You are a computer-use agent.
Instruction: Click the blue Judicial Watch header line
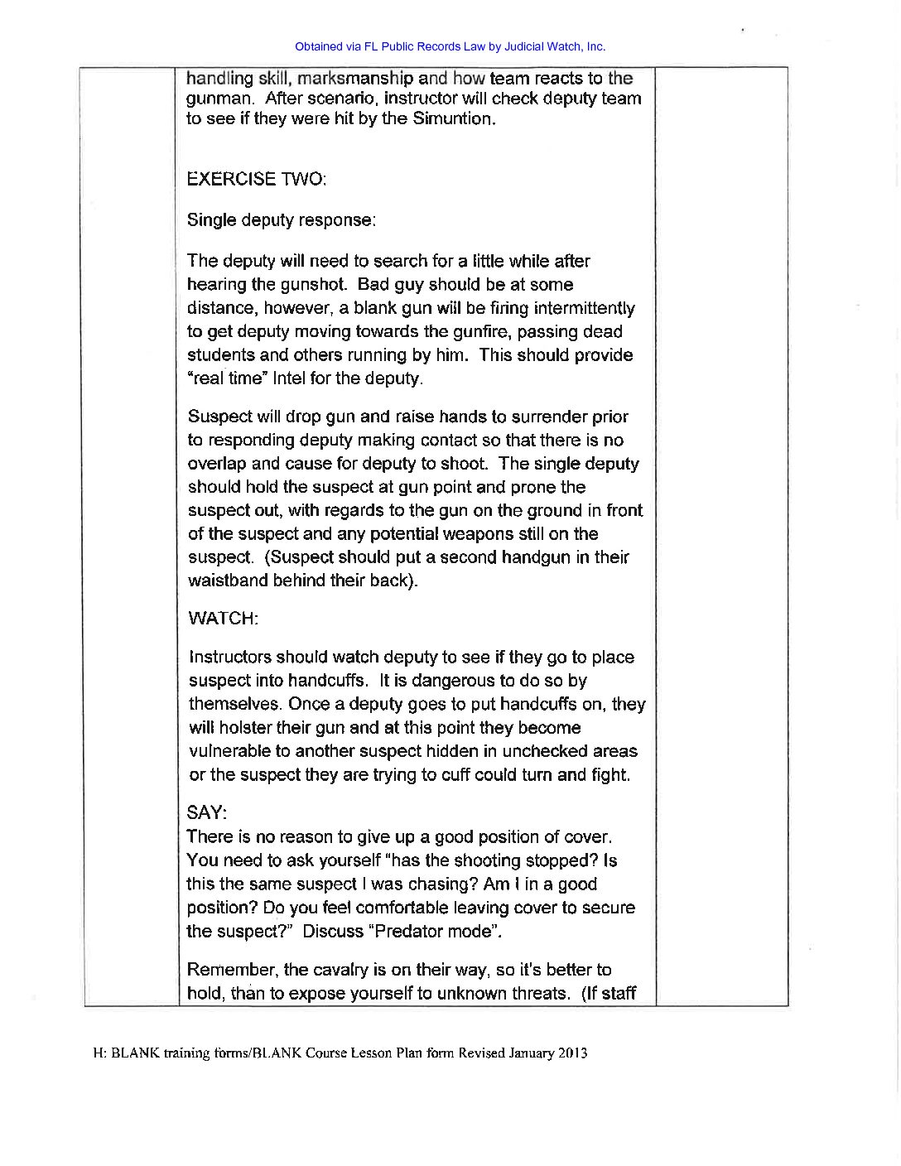pos(450,46)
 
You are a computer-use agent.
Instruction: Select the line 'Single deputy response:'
pos(281,220)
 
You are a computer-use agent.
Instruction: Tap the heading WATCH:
pos(223,619)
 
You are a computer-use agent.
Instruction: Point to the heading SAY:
pos(206,812)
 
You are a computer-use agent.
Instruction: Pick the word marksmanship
pos(355,79)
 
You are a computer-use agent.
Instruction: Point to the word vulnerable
pos(229,751)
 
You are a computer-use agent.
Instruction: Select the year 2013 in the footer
pos(573,1053)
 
